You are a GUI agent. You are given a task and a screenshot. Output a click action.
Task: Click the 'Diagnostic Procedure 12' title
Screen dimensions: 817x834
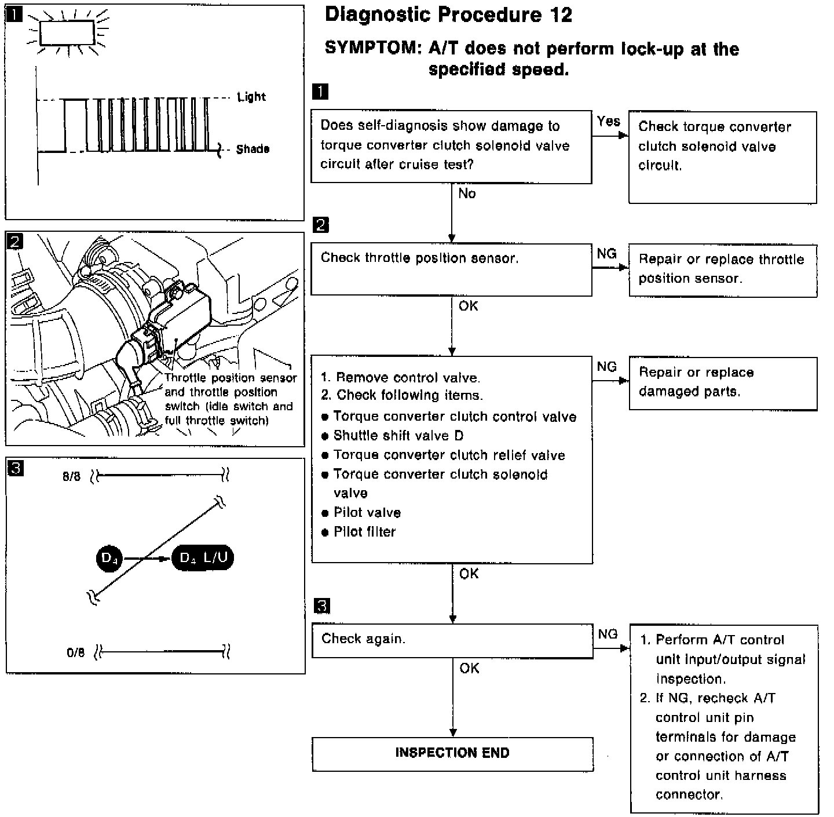(x=448, y=15)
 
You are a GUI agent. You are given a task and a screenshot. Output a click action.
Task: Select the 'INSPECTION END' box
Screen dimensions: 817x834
(x=452, y=753)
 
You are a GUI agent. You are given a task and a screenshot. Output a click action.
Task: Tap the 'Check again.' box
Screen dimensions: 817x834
(x=452, y=640)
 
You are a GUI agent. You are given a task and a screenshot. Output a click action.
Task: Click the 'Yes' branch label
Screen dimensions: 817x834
(x=608, y=122)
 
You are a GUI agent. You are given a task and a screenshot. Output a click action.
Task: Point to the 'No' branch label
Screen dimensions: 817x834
(x=467, y=194)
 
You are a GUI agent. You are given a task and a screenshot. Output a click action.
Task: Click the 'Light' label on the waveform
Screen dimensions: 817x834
(x=251, y=97)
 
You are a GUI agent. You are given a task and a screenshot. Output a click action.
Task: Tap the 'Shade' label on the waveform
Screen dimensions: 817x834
(x=253, y=149)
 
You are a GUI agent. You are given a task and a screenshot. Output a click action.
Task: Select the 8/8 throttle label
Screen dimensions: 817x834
(x=72, y=477)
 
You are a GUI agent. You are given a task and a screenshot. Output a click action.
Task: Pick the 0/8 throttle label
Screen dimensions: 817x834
(x=75, y=653)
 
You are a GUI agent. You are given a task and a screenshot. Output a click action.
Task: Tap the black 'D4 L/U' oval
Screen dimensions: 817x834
(x=203, y=559)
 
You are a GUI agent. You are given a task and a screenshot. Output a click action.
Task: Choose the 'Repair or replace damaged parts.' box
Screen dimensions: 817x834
(x=723, y=383)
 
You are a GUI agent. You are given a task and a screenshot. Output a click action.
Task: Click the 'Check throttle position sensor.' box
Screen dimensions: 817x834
(x=451, y=269)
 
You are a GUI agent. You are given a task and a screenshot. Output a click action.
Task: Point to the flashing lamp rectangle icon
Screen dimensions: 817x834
(x=67, y=32)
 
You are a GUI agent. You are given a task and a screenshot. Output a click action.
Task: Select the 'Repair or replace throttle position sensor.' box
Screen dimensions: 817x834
(x=723, y=270)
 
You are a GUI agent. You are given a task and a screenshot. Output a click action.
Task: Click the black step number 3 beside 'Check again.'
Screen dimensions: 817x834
(x=321, y=606)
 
